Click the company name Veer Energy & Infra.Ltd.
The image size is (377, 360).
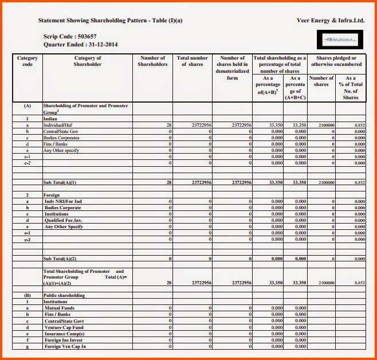331,20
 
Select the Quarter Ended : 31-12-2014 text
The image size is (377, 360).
80,44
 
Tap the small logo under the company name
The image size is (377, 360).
339,40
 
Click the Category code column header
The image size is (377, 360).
28,61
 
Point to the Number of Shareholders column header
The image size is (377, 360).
152,61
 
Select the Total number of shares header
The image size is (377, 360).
192,61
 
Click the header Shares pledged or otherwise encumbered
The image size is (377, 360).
336,61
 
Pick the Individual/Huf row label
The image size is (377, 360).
59,125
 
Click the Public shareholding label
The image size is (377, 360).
64,296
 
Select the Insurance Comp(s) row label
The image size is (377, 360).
65,334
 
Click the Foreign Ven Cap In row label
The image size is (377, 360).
65,346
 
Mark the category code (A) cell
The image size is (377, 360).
27,106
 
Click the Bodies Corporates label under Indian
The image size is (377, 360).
61,138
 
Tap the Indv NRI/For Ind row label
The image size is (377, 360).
63,201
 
